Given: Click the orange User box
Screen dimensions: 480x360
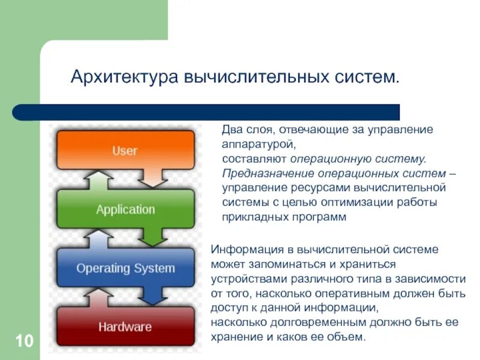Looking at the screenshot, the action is click(125, 150).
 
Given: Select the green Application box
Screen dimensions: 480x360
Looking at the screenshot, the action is click(125, 209).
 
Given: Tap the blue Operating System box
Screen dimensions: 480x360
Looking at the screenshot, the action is click(125, 268).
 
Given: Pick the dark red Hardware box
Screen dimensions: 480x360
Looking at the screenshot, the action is click(125, 326).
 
